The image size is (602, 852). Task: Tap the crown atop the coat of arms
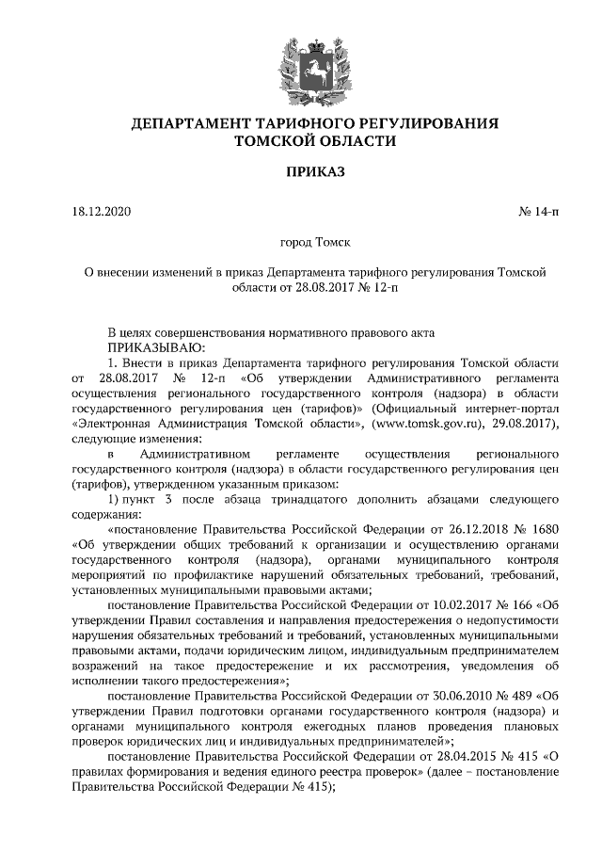[301, 38]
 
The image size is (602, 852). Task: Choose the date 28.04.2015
[439, 758]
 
